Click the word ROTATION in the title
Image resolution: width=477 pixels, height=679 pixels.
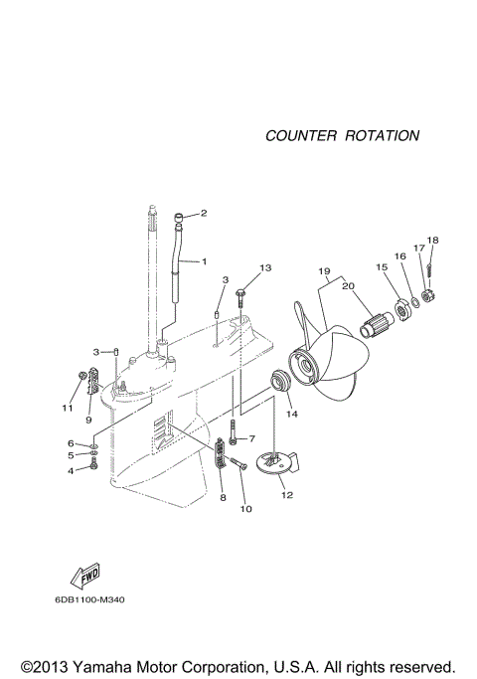(382, 135)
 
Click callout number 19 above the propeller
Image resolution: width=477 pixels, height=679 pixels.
(324, 271)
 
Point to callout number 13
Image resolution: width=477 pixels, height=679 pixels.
(265, 268)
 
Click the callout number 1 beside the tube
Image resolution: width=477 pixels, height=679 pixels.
(204, 261)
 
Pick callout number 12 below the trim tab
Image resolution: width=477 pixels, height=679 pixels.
(287, 494)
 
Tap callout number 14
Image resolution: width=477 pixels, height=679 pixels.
(292, 413)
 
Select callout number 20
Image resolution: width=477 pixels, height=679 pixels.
(348, 286)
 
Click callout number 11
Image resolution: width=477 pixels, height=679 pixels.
(69, 408)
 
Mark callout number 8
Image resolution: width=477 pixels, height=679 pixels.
(223, 497)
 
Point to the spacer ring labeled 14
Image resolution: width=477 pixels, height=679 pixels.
(280, 381)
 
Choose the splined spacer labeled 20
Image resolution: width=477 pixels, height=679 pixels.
(377, 326)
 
